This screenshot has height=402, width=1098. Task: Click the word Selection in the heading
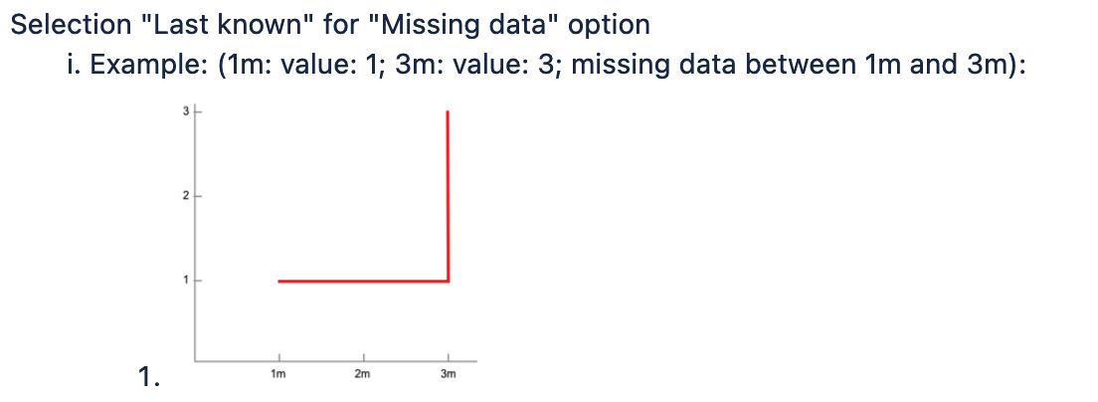[x=72, y=25]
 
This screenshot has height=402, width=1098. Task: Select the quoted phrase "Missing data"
[x=462, y=25]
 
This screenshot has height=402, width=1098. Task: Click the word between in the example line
[x=800, y=65]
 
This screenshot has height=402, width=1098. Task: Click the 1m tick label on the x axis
[x=278, y=374]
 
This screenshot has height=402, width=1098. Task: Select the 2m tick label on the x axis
[x=362, y=374]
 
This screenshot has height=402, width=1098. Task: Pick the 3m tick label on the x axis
[x=449, y=374]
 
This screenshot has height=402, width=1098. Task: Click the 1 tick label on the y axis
[x=186, y=281]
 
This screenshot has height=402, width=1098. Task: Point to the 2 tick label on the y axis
[x=186, y=196]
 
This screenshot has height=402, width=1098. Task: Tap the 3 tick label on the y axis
[x=186, y=111]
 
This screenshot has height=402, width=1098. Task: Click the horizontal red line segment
[x=363, y=282]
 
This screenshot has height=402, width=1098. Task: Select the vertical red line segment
[x=448, y=196]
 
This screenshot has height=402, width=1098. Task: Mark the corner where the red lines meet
[x=448, y=282]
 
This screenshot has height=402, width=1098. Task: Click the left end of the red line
[x=278, y=282]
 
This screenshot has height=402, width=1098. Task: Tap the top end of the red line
[x=448, y=110]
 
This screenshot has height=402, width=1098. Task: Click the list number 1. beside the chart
[x=149, y=377]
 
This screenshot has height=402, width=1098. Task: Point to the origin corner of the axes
[x=195, y=361]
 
